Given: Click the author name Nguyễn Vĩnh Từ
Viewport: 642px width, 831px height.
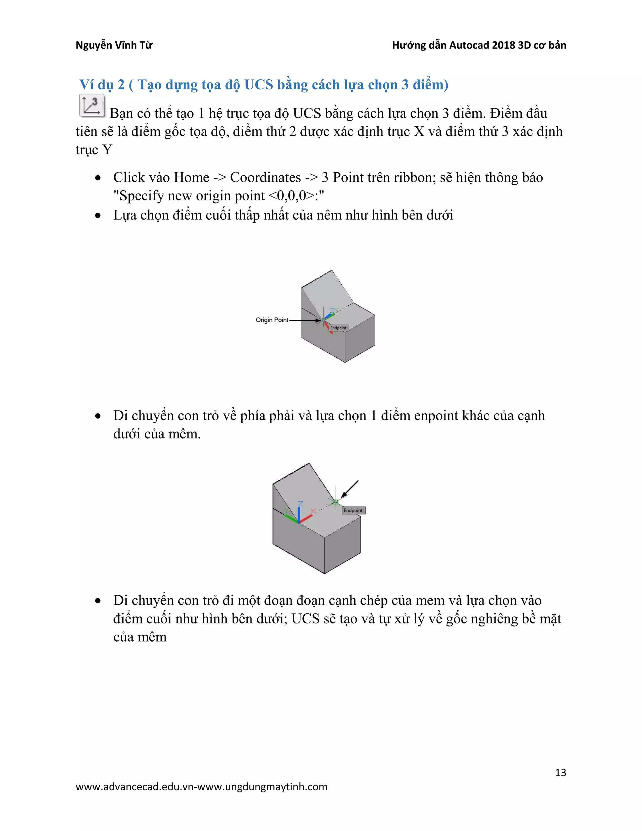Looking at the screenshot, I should pos(114,45).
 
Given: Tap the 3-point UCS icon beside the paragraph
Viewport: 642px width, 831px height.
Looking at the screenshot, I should pos(92,105).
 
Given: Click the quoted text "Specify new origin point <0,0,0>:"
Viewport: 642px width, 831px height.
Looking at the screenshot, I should pos(219,196).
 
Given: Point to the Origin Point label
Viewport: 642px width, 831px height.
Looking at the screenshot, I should pos(271,320).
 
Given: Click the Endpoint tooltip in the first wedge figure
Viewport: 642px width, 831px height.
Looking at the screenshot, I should pos(338,328).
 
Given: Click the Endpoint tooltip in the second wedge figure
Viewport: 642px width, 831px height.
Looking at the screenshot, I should pos(353,511).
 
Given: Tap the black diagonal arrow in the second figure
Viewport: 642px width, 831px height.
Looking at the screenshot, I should pos(350,489).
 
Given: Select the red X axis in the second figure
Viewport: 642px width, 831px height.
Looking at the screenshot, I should pos(307,517).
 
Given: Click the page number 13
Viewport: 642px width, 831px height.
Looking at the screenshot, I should pos(560,772).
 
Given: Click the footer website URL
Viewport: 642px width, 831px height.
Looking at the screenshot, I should pos(201,787).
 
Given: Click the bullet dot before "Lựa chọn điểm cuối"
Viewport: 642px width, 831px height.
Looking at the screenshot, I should pos(98,215).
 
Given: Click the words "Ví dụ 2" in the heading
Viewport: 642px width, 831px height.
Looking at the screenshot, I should pos(102,84).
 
